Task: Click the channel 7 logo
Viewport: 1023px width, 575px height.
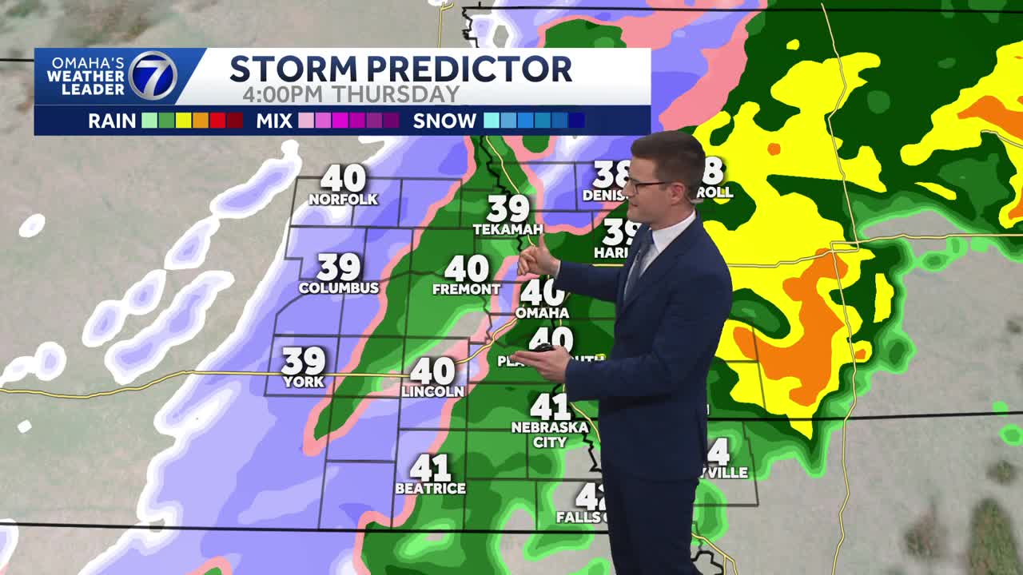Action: (153, 76)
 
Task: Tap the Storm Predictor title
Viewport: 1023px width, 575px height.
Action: (400, 69)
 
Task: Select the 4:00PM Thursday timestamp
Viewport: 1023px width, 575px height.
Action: (351, 94)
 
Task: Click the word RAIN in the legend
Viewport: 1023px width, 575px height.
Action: (112, 121)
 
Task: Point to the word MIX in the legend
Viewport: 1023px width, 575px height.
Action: (274, 121)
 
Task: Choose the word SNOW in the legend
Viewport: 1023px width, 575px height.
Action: (444, 121)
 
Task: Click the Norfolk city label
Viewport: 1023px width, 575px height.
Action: (343, 200)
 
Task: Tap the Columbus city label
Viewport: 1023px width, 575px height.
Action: (339, 287)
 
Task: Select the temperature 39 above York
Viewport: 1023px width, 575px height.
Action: (304, 361)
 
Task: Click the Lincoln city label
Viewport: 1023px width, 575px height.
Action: (432, 391)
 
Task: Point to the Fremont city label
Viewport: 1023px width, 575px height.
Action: (466, 289)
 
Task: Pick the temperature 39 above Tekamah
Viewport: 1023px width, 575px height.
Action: (508, 209)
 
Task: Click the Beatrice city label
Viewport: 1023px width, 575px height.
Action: (430, 488)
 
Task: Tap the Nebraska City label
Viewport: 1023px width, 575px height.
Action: (550, 434)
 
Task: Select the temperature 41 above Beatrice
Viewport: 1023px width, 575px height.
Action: (431, 468)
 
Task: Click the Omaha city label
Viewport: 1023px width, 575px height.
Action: (542, 312)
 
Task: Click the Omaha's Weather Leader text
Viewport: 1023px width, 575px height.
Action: (86, 76)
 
